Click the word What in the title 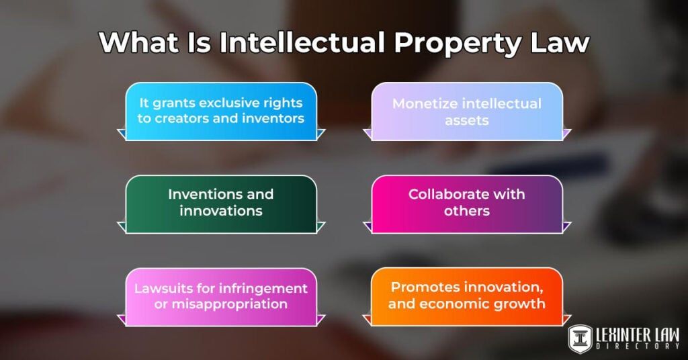click(134, 43)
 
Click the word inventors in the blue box click(273, 119)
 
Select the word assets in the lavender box click(466, 120)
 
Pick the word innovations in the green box click(221, 210)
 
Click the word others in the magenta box click(467, 210)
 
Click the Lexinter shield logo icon click(580, 339)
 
